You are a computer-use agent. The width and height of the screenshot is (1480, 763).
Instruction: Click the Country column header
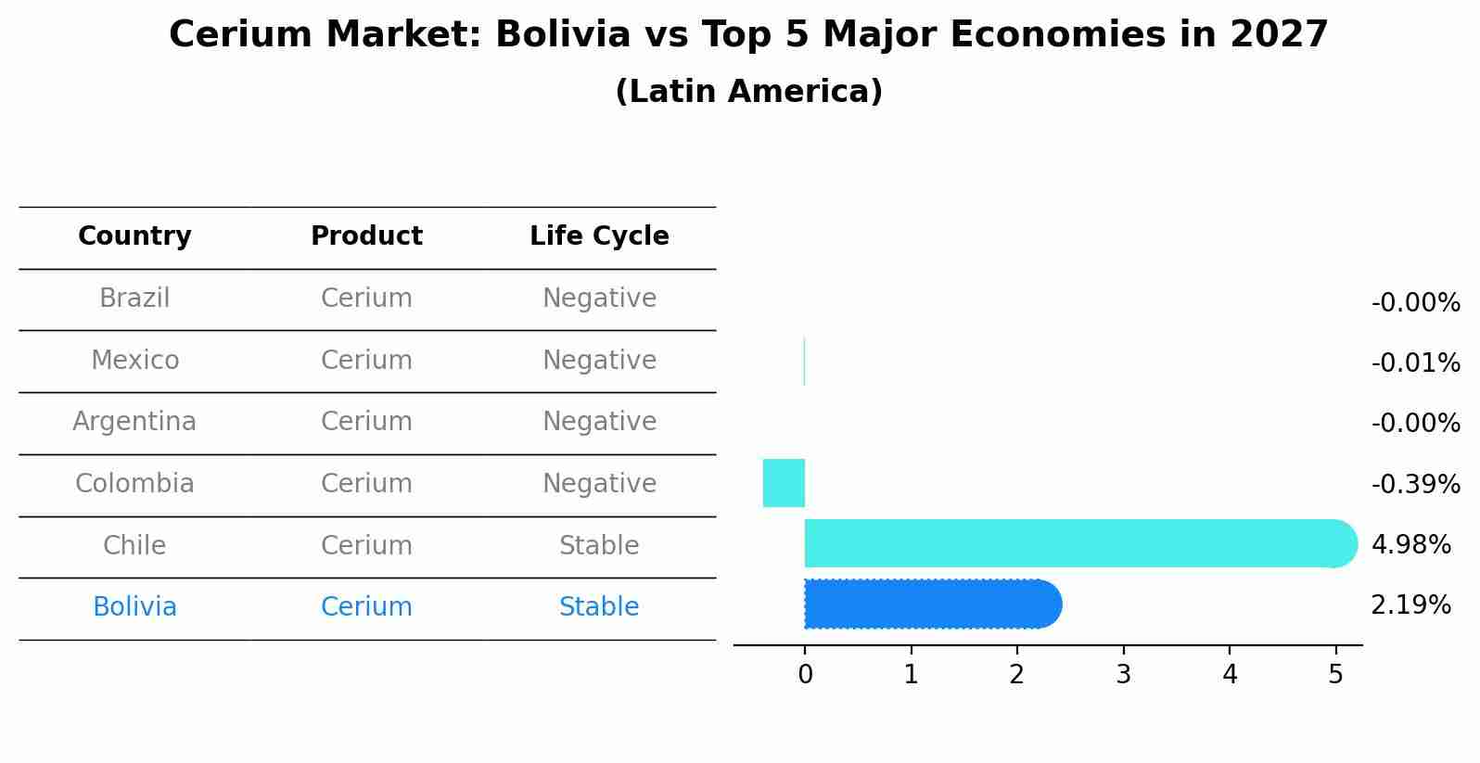(134, 236)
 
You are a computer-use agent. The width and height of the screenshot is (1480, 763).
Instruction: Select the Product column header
(366, 236)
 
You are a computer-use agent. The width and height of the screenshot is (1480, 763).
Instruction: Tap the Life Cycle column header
(599, 236)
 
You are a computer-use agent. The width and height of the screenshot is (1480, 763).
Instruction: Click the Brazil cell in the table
(134, 299)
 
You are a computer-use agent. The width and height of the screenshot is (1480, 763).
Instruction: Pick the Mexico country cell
(134, 360)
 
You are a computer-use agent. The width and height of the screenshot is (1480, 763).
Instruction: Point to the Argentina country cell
(134, 422)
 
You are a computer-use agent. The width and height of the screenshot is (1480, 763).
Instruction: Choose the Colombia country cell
(134, 484)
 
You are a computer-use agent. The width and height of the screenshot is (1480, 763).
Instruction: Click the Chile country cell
(134, 545)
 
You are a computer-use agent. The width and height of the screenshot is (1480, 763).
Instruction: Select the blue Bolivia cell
(134, 607)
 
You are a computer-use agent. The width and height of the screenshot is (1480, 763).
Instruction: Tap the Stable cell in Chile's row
(599, 545)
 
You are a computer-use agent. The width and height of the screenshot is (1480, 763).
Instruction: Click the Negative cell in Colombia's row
(599, 484)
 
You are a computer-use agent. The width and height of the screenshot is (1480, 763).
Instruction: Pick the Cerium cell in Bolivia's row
(366, 607)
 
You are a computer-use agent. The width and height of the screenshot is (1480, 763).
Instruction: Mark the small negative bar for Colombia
(784, 483)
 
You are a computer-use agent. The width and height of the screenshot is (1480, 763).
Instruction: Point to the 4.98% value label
(1410, 545)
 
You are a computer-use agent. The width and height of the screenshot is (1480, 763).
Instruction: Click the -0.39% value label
(1415, 484)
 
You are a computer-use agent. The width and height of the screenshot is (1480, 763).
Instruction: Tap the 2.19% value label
(1410, 605)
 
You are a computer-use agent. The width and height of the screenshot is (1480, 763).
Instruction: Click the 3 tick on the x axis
(1123, 675)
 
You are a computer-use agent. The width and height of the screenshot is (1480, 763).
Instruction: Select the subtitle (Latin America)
(748, 92)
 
